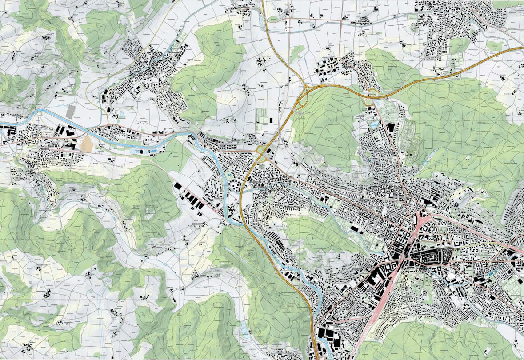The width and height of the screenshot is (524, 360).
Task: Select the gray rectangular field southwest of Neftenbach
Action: click(x=70, y=112)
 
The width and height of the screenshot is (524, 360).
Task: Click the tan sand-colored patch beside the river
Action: click(x=87, y=144)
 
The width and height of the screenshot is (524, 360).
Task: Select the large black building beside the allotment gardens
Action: click(x=391, y=128)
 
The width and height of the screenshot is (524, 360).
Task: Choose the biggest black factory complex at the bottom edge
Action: click(x=328, y=336)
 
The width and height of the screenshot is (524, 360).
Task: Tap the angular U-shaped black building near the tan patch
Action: click(x=69, y=144)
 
